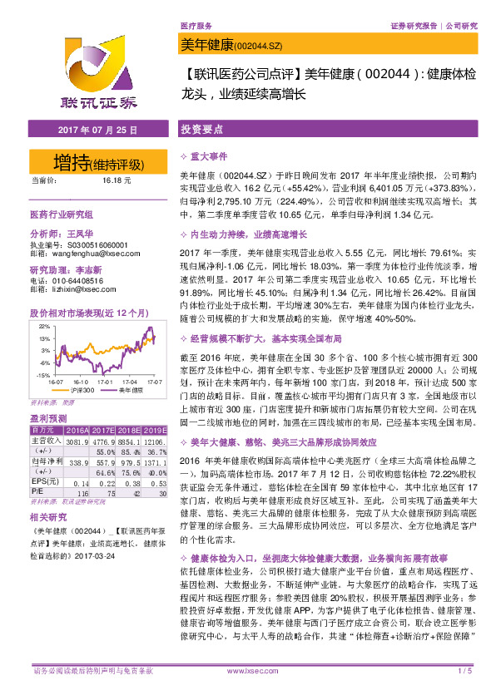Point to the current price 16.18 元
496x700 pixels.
pyautogui.click(x=113, y=180)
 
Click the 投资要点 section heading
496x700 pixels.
pyautogui.click(x=201, y=131)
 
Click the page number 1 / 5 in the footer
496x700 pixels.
pyautogui.click(x=465, y=670)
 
